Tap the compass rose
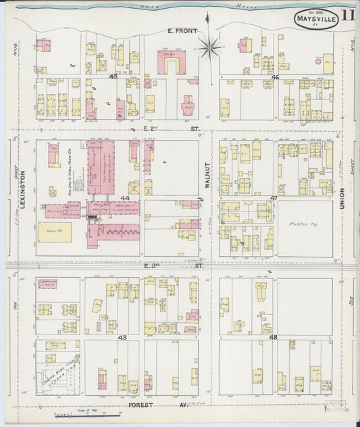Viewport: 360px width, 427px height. (x=210, y=47)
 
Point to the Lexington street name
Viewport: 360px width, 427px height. (x=22, y=188)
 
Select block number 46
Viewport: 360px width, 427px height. (x=275, y=77)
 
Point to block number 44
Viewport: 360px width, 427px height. (x=124, y=198)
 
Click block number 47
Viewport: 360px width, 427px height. (x=274, y=198)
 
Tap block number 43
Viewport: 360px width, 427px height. (x=122, y=336)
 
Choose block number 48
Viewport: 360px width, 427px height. (x=274, y=336)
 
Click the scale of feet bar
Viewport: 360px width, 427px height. (x=84, y=413)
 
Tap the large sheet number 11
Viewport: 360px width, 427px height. (x=349, y=15)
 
